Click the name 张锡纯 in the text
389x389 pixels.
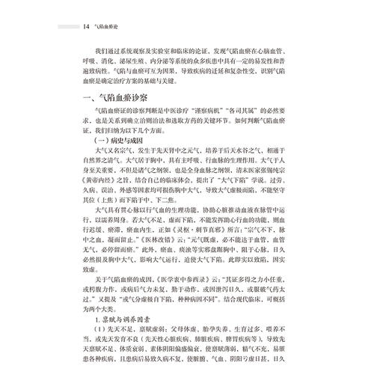click(302, 170)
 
